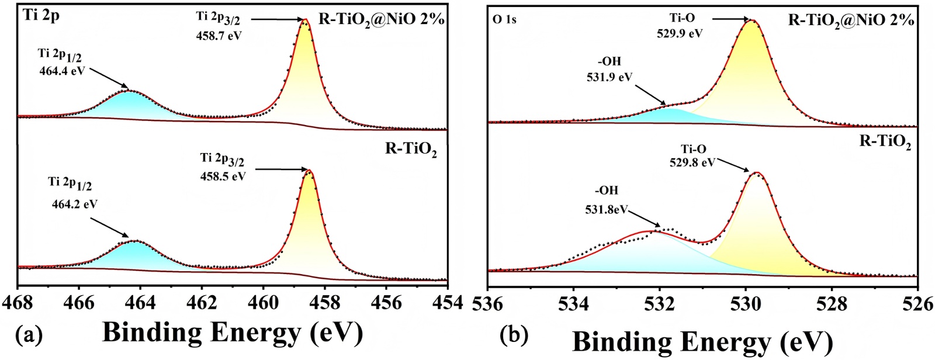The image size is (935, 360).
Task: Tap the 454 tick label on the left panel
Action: pyautogui.click(x=447, y=303)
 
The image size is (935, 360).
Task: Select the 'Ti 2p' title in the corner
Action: pyautogui.click(x=41, y=16)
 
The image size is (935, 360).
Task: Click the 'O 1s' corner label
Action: pyautogui.click(x=504, y=19)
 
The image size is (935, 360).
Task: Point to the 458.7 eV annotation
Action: pyautogui.click(x=219, y=35)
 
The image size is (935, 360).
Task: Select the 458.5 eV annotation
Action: pyautogui.click(x=223, y=176)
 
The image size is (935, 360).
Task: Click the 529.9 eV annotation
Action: pyautogui.click(x=678, y=33)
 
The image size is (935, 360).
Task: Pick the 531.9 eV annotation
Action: pyautogui.click(x=609, y=77)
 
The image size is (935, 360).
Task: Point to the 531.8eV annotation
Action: pyautogui.click(x=606, y=208)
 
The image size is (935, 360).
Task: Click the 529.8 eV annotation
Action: pyautogui.click(x=692, y=162)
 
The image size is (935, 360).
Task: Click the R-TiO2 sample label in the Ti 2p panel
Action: pyautogui.click(x=411, y=150)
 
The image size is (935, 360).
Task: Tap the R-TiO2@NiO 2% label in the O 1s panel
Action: pyautogui.click(x=851, y=20)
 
